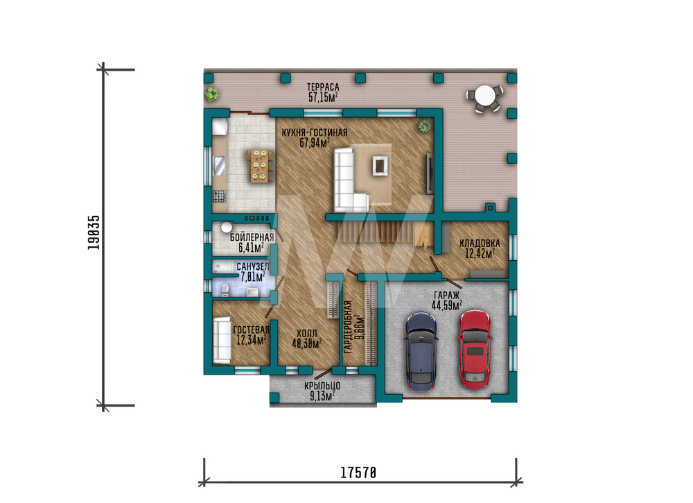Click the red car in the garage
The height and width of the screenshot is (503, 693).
pyautogui.click(x=475, y=348)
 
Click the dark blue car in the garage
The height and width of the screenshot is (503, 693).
pyautogui.click(x=421, y=351)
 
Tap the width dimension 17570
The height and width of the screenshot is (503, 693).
pyautogui.click(x=358, y=472)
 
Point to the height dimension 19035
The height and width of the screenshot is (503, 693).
pyautogui.click(x=94, y=232)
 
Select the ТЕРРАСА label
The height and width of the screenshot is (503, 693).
pyautogui.click(x=323, y=87)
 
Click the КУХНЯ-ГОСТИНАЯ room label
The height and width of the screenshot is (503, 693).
pyautogui.click(x=315, y=133)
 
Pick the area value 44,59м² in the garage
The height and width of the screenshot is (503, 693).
pyautogui.click(x=447, y=305)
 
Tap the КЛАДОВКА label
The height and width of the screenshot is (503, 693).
pyautogui.click(x=480, y=243)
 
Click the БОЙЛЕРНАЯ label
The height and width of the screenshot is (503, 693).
pyautogui.click(x=252, y=237)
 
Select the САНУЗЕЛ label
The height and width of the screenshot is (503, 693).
pyautogui.click(x=253, y=266)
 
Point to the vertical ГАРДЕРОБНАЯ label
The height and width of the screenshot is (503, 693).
pyautogui.click(x=348, y=327)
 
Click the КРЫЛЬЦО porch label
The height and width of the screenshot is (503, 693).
pyautogui.click(x=322, y=386)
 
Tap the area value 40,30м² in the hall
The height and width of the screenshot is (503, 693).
pyautogui.click(x=307, y=343)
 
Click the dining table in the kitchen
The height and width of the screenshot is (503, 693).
pyautogui.click(x=259, y=165)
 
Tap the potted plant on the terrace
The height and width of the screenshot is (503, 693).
pyautogui.click(x=212, y=94)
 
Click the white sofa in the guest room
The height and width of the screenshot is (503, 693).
pyautogui.click(x=222, y=340)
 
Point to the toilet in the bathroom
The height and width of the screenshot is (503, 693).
pyautogui.click(x=225, y=290)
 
